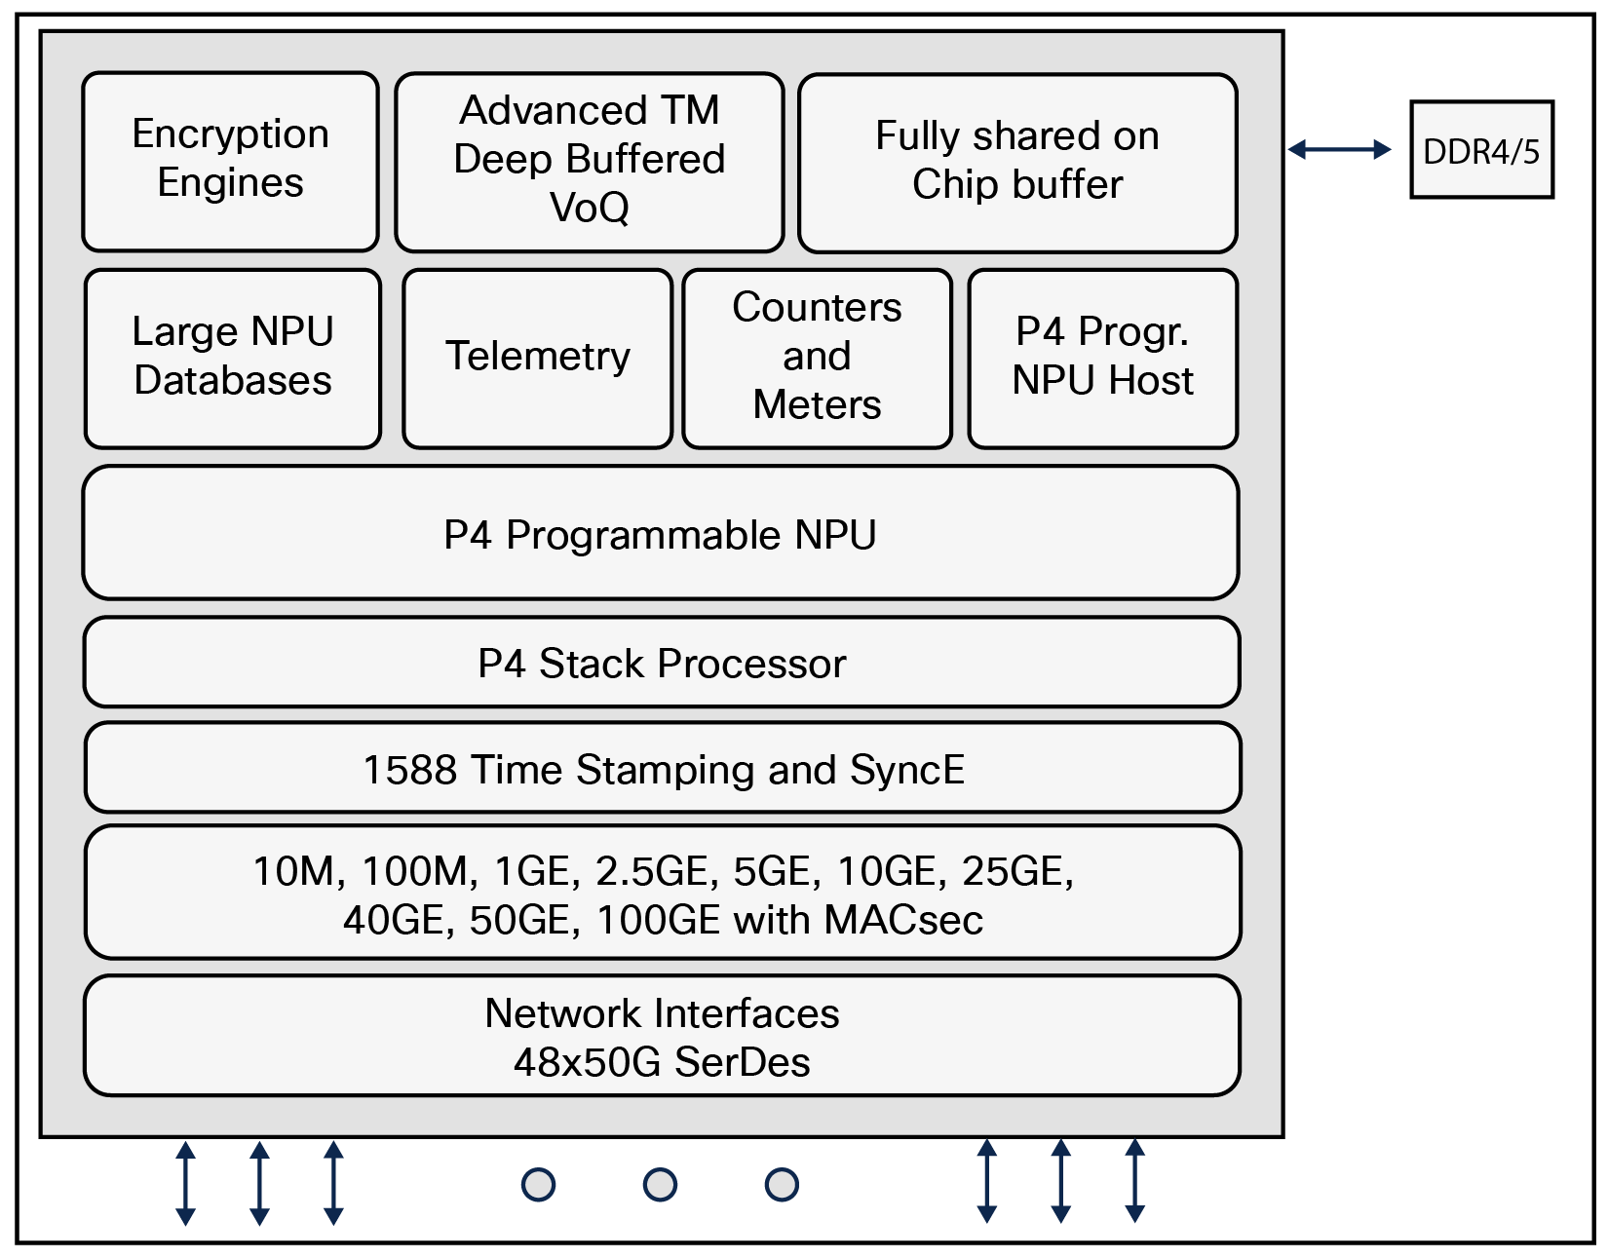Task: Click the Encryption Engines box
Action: tap(230, 161)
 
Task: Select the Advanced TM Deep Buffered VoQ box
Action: tap(589, 161)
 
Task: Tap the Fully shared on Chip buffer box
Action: tap(1017, 162)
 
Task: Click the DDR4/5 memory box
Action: tap(1481, 150)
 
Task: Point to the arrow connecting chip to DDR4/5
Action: tap(1339, 149)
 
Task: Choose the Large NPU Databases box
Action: tap(233, 358)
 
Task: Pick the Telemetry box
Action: tap(537, 358)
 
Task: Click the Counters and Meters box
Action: tap(817, 358)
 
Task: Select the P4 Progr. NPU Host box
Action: tap(1102, 358)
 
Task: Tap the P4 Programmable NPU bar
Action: tap(660, 533)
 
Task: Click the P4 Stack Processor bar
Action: tap(662, 663)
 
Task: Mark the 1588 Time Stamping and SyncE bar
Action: tap(663, 768)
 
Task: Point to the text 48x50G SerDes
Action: tap(662, 1061)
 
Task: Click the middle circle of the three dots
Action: tap(660, 1185)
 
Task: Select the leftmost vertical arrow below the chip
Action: tap(185, 1183)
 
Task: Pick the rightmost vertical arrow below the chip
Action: tap(1134, 1181)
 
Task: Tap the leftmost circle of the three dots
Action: tap(538, 1185)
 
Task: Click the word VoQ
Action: tap(589, 208)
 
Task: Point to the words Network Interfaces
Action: tap(662, 1013)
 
